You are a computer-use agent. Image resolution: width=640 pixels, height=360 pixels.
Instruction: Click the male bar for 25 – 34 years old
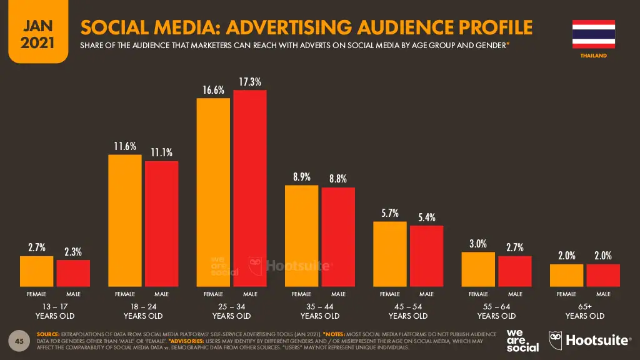[250, 187]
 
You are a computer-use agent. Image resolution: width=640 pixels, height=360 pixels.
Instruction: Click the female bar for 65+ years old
[566, 274]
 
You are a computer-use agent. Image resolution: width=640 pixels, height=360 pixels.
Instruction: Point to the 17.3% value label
[250, 82]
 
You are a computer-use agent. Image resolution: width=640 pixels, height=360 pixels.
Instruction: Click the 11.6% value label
[125, 146]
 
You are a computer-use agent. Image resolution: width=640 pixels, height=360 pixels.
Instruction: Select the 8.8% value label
[338, 179]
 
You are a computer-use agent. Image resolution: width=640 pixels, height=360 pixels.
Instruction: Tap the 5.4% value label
[427, 217]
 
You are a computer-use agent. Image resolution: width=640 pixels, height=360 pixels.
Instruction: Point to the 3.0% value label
[478, 244]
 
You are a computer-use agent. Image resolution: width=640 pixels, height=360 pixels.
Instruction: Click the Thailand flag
[593, 34]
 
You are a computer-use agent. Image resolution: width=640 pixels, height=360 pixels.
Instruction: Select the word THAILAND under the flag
[594, 56]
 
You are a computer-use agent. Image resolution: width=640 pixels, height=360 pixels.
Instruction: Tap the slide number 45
[19, 341]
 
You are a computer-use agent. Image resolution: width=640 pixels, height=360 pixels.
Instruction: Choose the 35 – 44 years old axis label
[320, 311]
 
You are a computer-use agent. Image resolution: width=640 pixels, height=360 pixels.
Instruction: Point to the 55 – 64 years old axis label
[497, 311]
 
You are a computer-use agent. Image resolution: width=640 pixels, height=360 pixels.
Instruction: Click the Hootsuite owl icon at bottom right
[555, 340]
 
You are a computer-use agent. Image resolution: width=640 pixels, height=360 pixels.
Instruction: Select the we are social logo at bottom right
[522, 340]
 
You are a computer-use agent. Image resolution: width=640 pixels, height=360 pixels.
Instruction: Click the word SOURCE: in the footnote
[49, 334]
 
